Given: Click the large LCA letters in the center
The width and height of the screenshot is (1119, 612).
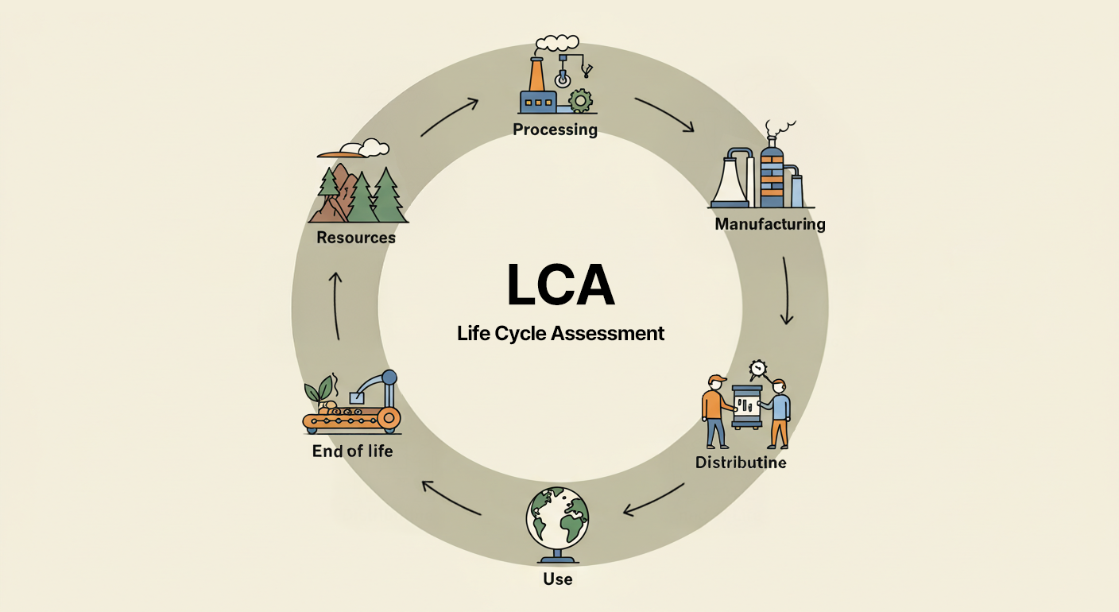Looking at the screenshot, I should pyautogui.click(x=560, y=285).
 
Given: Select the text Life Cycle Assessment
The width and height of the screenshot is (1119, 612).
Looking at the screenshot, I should pyautogui.click(x=560, y=333).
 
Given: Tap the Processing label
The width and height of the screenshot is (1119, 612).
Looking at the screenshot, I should pyautogui.click(x=555, y=129).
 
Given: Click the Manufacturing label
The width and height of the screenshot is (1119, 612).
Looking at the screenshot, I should pyautogui.click(x=769, y=224).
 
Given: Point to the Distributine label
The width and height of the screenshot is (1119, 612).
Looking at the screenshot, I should pyautogui.click(x=741, y=462).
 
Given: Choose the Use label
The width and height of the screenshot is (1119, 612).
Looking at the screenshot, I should pyautogui.click(x=557, y=579).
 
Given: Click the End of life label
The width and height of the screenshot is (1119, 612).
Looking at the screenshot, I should pyautogui.click(x=352, y=451).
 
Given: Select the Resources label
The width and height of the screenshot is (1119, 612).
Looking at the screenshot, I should pyautogui.click(x=355, y=237).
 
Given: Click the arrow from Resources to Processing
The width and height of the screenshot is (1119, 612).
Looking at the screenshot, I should pyautogui.click(x=450, y=117).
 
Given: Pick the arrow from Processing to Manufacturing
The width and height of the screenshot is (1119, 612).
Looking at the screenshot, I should pyautogui.click(x=664, y=114).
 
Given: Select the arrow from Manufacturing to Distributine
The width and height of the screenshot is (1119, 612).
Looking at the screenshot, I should pyautogui.click(x=786, y=291).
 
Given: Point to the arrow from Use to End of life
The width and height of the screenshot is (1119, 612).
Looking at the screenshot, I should pyautogui.click(x=451, y=498).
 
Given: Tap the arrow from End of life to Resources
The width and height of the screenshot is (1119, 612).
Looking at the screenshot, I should pyautogui.click(x=336, y=306).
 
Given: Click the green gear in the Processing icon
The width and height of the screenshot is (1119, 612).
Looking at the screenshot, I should pyautogui.click(x=582, y=100).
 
